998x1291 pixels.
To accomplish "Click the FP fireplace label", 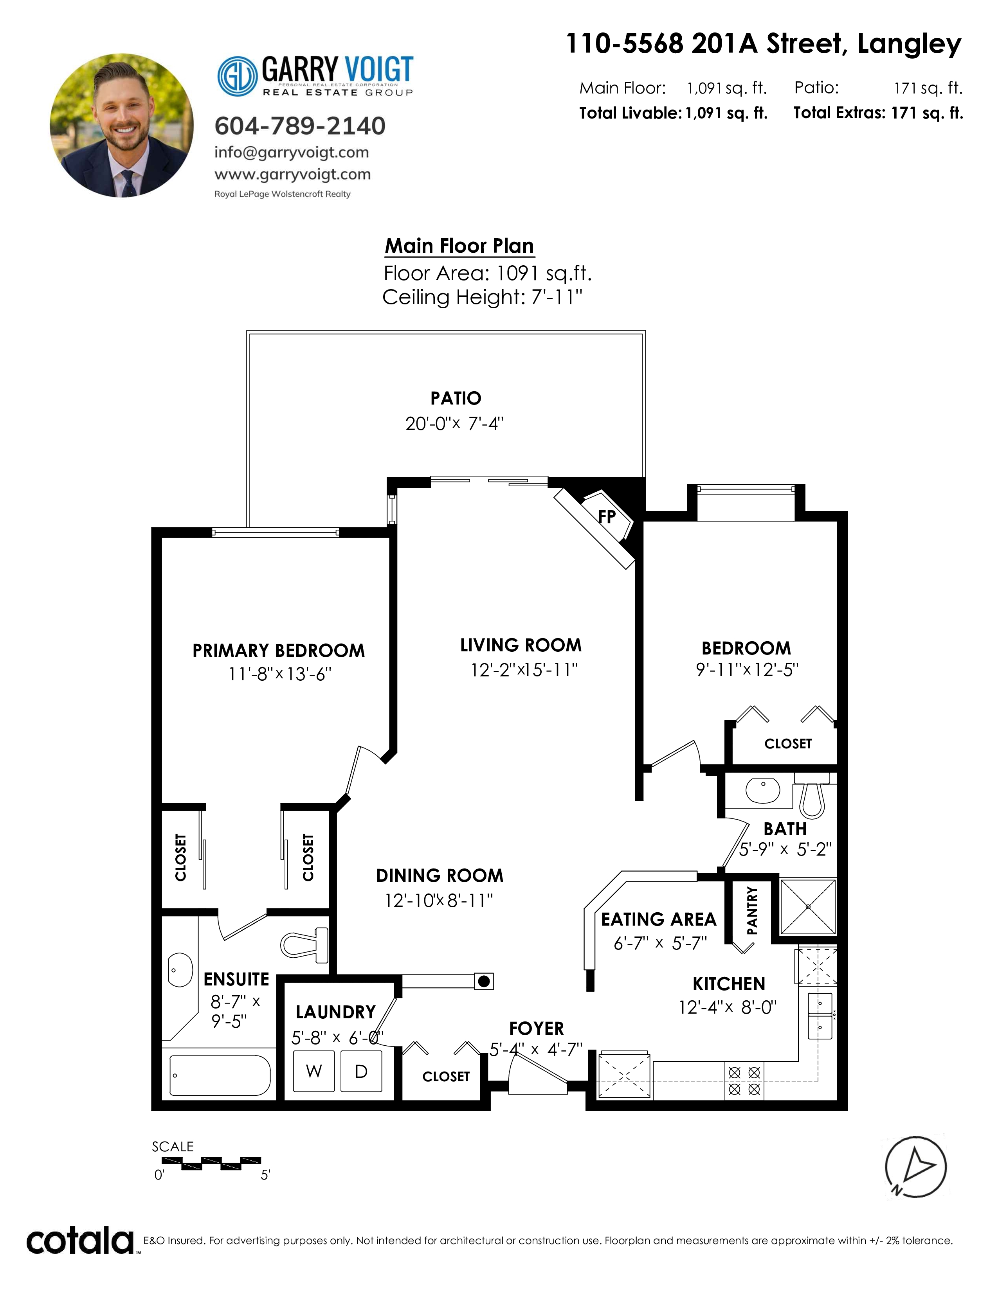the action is pos(607,517).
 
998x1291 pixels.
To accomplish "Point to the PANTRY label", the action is pos(751,910).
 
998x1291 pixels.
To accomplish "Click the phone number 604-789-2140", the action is pos(300,126).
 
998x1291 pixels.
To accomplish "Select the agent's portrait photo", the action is pos(122,125).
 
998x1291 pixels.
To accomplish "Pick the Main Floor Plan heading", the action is pos(459,246).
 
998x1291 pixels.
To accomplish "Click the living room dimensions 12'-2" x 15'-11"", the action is pos(524,670).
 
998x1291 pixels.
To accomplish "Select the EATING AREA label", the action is pos(659,919).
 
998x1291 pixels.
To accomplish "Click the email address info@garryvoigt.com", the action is pos(292,153).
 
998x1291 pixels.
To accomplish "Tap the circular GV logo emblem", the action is pos(238,76).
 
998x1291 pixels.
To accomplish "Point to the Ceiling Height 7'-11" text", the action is pos(483,297).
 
